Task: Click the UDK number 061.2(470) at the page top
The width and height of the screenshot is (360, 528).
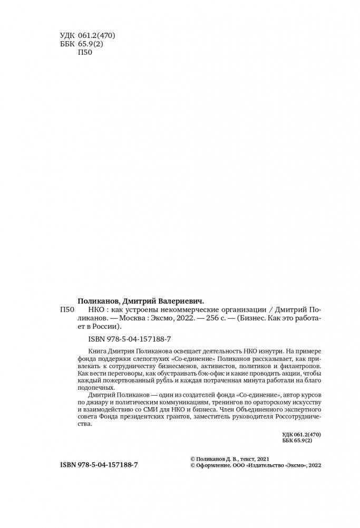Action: [x=98, y=36]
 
